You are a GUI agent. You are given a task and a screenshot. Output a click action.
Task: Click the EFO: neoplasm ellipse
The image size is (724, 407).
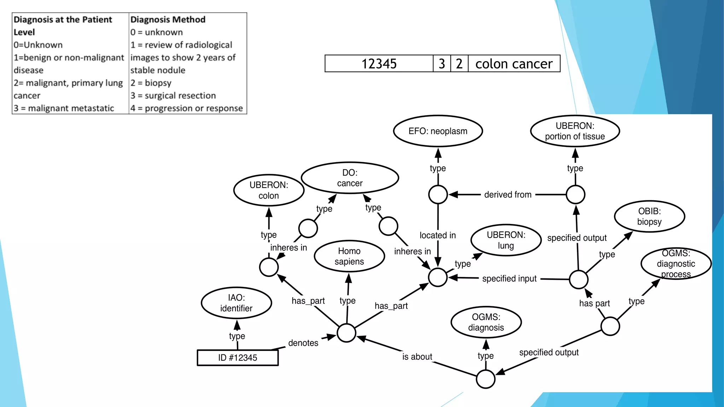click(x=438, y=131)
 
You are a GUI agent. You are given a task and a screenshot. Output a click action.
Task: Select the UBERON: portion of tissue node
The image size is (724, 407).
click(x=575, y=131)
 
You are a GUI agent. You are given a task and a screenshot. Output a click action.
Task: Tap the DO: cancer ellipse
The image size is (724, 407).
click(x=350, y=178)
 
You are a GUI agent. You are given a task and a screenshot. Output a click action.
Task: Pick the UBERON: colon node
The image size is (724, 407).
click(x=269, y=190)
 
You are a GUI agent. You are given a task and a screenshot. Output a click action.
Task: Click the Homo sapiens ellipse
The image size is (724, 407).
click(x=349, y=256)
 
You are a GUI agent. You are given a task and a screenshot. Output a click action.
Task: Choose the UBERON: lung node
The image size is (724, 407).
click(x=506, y=240)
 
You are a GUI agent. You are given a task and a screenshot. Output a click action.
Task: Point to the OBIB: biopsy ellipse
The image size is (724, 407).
click(x=649, y=216)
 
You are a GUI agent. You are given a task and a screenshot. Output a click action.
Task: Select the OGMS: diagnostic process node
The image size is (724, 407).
click(x=676, y=264)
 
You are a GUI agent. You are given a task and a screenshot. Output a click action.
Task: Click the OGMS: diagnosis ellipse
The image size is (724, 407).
click(x=486, y=322)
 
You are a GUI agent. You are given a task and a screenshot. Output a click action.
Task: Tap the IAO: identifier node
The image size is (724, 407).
click(x=236, y=303)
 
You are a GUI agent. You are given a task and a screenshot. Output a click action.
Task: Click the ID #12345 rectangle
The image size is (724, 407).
click(x=238, y=358)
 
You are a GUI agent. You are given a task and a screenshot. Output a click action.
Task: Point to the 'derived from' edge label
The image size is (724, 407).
click(x=508, y=195)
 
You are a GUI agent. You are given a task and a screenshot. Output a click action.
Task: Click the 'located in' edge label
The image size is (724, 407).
click(x=438, y=235)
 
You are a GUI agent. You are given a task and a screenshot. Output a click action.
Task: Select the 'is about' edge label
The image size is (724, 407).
click(x=417, y=357)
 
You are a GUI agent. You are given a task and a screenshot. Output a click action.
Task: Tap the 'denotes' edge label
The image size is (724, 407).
click(x=303, y=343)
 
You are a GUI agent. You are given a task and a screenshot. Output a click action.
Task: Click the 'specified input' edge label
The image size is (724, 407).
click(x=509, y=279)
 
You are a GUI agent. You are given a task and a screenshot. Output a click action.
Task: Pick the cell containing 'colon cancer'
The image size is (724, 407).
click(x=514, y=64)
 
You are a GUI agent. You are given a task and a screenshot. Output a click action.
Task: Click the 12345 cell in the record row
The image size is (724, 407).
click(x=379, y=64)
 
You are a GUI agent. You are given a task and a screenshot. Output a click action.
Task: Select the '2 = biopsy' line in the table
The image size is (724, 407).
click(x=151, y=83)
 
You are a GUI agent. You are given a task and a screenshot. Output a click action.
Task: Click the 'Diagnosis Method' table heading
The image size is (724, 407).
click(x=168, y=19)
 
